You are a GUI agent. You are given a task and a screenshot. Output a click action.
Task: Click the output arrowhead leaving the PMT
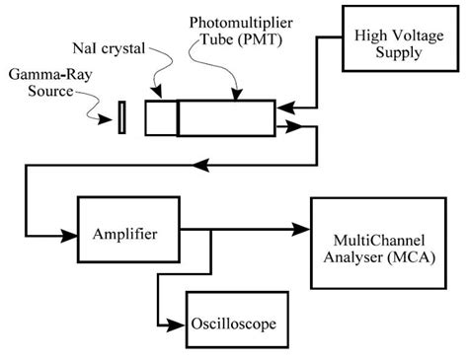click(x=282, y=125)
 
